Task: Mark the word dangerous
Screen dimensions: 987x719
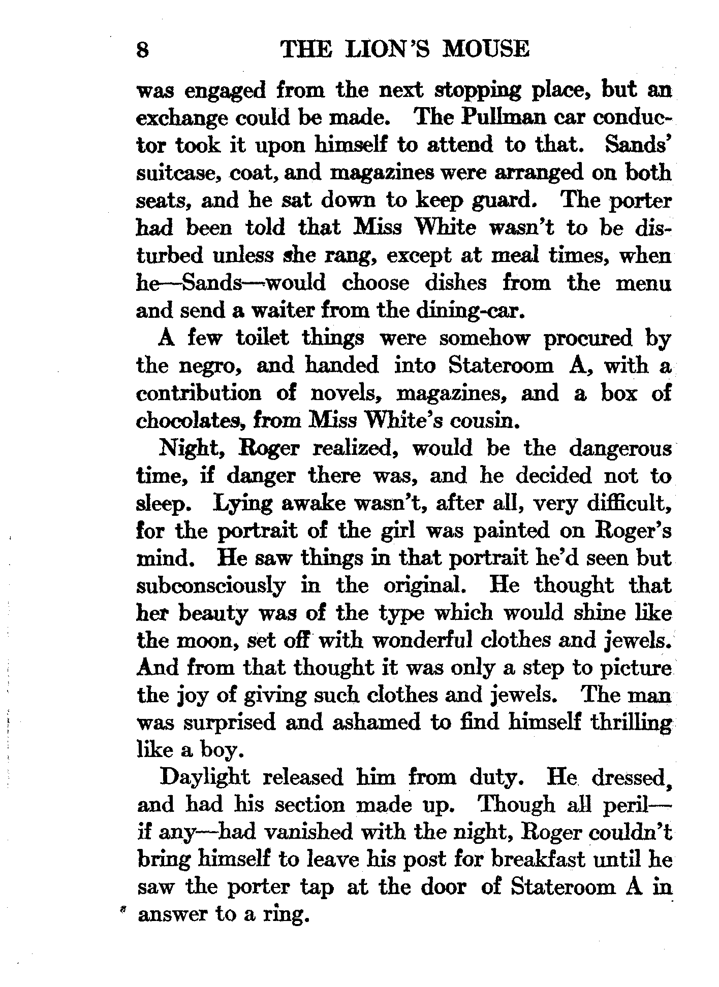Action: pyautogui.click(x=620, y=449)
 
